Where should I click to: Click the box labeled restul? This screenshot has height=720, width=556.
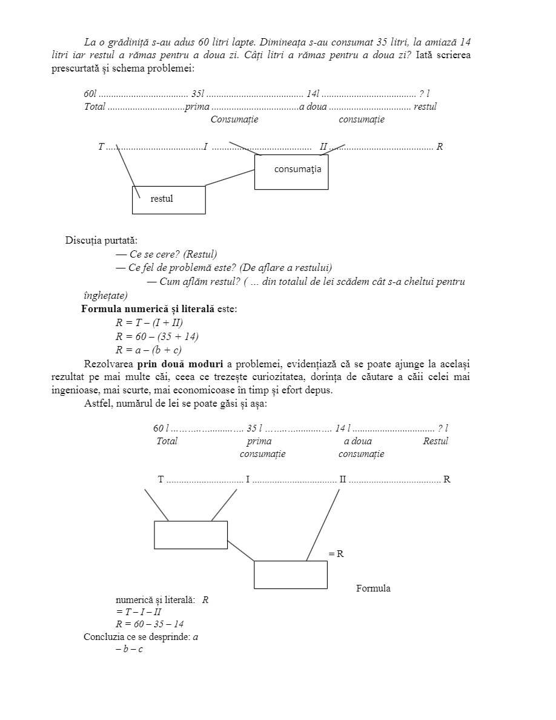click(x=169, y=200)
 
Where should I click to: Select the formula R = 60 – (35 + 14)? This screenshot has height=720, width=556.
click(x=157, y=336)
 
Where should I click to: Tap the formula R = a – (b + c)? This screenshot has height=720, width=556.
click(x=148, y=350)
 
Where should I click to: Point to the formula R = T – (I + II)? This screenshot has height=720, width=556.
click(x=149, y=322)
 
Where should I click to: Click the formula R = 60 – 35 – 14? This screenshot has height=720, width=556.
click(x=150, y=624)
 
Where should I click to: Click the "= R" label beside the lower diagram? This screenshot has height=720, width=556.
click(x=336, y=553)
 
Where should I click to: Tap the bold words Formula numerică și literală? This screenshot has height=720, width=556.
click(x=148, y=309)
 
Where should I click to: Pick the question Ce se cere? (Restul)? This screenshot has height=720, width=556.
click(x=173, y=254)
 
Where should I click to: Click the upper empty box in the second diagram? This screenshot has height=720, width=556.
click(x=191, y=535)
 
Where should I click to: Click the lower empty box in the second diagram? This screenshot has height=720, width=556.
click(x=290, y=575)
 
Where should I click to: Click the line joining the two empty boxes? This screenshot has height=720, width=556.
click(x=240, y=550)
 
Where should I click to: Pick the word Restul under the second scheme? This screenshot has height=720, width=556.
click(x=435, y=441)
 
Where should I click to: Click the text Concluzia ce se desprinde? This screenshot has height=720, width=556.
click(x=137, y=637)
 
